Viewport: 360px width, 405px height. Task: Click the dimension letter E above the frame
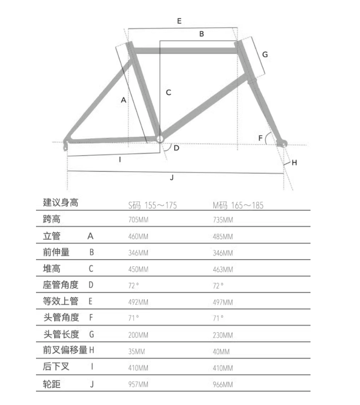point(179,21)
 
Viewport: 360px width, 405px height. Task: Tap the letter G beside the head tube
point(265,55)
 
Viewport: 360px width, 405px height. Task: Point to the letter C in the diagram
point(168,92)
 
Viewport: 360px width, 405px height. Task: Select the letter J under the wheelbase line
point(172,178)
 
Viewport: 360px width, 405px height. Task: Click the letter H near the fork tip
point(294,162)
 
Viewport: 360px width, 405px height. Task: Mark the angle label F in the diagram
point(261,138)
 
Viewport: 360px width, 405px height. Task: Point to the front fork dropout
point(282,142)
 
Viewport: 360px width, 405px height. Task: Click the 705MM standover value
point(138,220)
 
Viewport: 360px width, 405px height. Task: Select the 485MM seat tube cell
point(223,237)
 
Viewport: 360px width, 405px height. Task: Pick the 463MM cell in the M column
point(223,270)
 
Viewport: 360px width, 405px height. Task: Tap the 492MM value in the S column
point(138,302)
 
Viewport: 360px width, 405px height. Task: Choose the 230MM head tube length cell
point(223,335)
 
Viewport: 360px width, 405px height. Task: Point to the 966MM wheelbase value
point(223,385)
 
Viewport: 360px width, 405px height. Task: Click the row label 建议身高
point(61,203)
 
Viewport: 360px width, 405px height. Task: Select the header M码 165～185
point(238,205)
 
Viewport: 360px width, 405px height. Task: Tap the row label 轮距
point(52,384)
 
